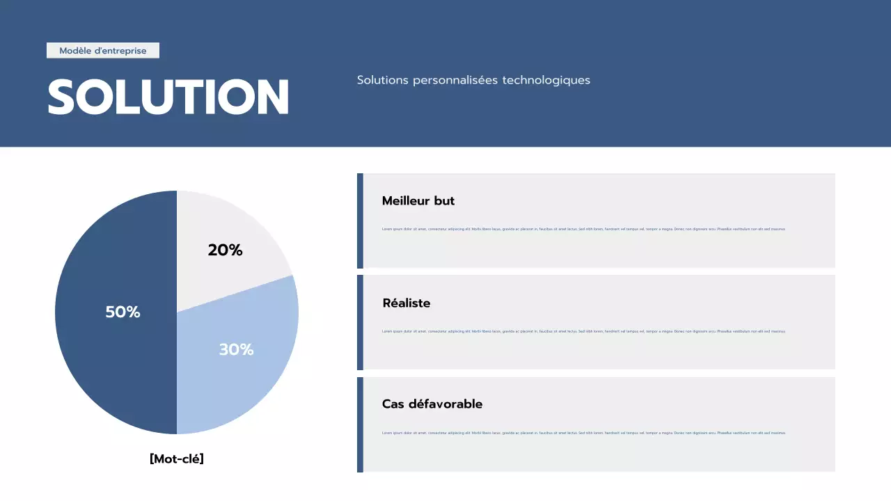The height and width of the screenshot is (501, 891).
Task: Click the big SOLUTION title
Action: pos(168,97)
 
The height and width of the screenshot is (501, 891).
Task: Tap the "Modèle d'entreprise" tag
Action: pos(103,51)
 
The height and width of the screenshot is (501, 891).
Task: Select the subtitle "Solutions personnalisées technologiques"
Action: pos(473,80)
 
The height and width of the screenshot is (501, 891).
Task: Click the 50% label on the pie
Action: pos(123,312)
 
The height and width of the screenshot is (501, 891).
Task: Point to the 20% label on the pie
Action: pos(225,250)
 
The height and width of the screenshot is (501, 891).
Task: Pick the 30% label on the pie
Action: pos(236,350)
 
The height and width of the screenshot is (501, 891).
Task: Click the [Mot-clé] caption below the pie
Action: pos(177,459)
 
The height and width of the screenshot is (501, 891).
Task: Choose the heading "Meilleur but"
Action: pos(418,201)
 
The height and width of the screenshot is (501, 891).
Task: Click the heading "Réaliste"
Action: pos(407,303)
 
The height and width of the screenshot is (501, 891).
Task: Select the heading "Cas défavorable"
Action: pos(432,404)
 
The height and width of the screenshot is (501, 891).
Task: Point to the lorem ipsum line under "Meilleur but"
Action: pos(583,229)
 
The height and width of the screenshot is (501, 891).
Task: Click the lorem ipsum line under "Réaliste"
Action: pos(583,331)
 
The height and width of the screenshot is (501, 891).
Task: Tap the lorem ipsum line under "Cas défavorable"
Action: pos(583,433)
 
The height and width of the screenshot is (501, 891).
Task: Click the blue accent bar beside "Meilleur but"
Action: pos(360,221)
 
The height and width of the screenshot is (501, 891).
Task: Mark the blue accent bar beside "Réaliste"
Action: pos(360,322)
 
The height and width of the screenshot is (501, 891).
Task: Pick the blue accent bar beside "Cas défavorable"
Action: pos(360,424)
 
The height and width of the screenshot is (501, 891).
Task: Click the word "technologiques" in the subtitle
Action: pos(546,80)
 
